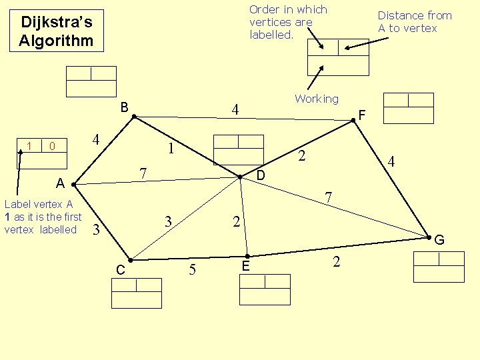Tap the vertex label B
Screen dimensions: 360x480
tap(125, 107)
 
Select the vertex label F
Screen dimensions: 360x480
tap(362, 115)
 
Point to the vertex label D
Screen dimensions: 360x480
tap(261, 175)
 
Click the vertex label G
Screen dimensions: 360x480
tap(439, 240)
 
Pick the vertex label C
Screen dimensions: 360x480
tap(120, 269)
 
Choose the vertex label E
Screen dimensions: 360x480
tap(246, 266)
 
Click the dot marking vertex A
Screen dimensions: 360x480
tap(73, 183)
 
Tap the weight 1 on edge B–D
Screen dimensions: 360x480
tap(171, 148)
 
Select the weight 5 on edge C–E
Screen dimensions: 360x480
tap(192, 270)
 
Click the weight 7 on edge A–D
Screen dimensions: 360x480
tap(143, 173)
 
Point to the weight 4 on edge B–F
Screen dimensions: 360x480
tap(235, 109)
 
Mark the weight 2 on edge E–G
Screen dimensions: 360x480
tap(336, 262)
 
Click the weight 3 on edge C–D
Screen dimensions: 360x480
tap(169, 221)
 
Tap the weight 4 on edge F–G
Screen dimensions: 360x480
tap(392, 162)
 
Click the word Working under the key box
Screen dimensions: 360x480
tap(317, 99)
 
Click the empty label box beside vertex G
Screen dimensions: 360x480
tap(438, 267)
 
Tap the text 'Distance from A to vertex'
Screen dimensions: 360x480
tap(415, 21)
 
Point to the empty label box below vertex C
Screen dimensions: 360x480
tap(136, 293)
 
